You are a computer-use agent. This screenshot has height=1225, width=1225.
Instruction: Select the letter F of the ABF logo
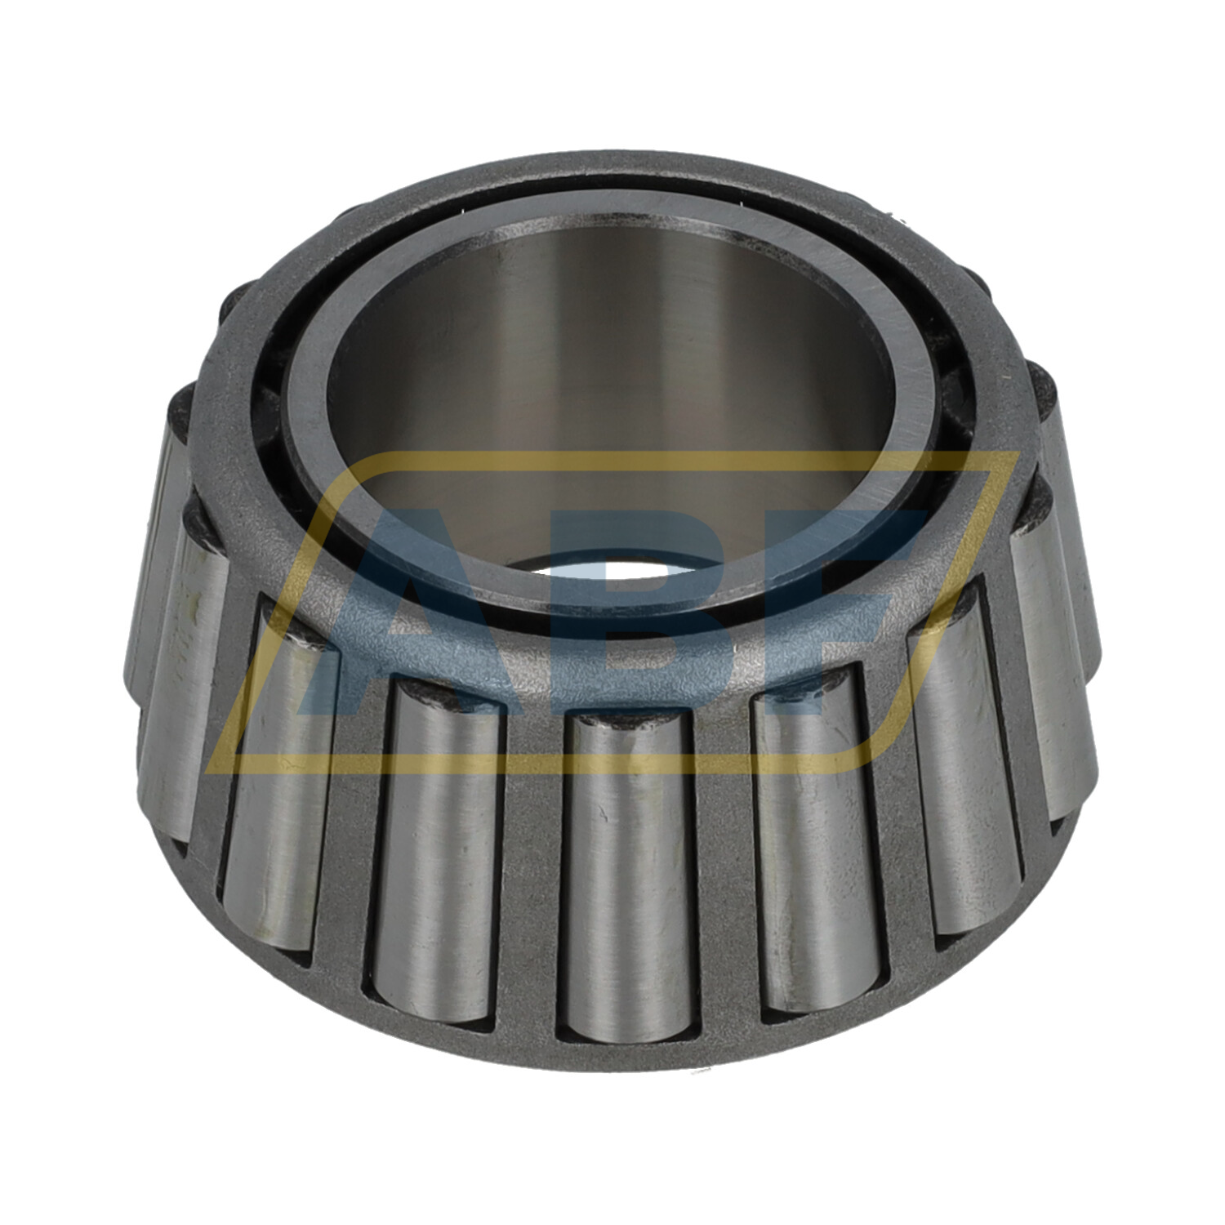tap(825, 621)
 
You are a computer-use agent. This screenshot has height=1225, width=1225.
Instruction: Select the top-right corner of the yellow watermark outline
tap(1013, 457)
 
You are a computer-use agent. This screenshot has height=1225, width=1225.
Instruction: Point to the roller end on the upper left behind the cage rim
tap(237, 306)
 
